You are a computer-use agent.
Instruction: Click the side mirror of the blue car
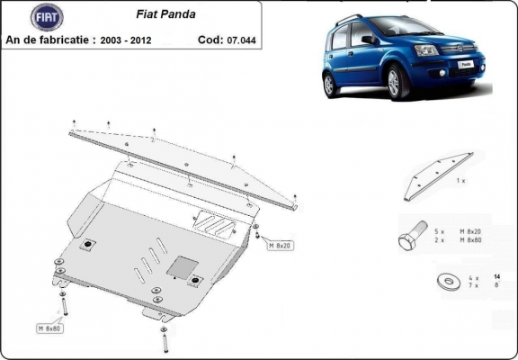tap(370, 40)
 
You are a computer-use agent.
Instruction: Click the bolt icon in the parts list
tap(410, 238)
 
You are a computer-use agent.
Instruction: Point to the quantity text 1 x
tap(460, 181)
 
